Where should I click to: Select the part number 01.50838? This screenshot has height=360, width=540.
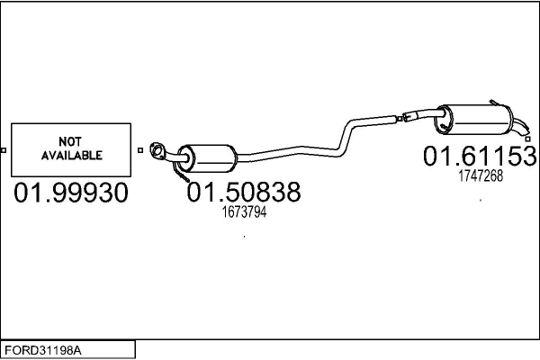click(x=243, y=193)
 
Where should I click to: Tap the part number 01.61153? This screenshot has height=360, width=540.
click(x=480, y=156)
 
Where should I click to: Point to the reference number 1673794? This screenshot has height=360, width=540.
click(x=244, y=213)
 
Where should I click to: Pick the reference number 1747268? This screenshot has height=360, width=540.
click(x=480, y=176)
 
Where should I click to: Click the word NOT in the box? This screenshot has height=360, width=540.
click(x=70, y=141)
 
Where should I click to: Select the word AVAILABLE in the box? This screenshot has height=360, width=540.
click(x=70, y=155)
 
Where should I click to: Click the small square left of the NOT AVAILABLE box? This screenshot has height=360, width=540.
click(x=4, y=149)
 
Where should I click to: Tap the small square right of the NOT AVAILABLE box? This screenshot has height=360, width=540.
click(x=139, y=149)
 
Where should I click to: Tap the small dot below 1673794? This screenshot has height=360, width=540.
click(x=245, y=238)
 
